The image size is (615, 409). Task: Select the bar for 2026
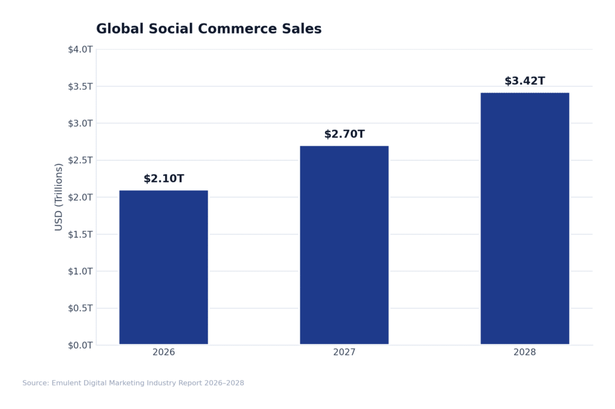[x=163, y=267]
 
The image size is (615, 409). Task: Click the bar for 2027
[x=344, y=245]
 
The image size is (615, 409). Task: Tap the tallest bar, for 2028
[x=524, y=219]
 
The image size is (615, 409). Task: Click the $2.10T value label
[x=163, y=179]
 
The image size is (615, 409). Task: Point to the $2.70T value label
[x=344, y=135]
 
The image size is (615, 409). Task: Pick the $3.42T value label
[x=524, y=81]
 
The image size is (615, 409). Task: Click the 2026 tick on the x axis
[x=163, y=353]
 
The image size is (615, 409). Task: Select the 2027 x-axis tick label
[x=344, y=353]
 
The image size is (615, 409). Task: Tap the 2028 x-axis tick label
[x=524, y=353]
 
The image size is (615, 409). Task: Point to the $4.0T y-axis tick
[x=80, y=49]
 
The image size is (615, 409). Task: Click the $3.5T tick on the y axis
[x=80, y=86]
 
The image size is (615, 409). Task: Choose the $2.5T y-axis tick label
[x=80, y=160]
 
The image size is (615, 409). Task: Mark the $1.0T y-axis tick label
[x=80, y=271]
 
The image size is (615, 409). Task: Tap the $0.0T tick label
[x=80, y=345]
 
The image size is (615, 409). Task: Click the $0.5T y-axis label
[x=80, y=308]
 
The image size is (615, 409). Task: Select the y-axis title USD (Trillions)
[x=59, y=197]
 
